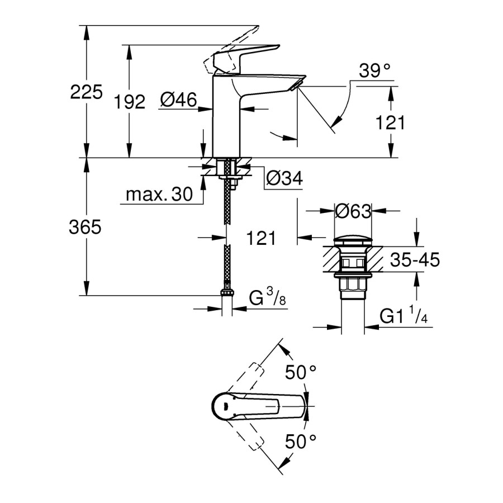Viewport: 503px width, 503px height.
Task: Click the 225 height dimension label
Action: [87, 92]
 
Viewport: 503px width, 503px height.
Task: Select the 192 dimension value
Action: [130, 102]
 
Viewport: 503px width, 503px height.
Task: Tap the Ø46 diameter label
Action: [178, 100]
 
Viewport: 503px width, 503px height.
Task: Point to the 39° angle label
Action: [374, 71]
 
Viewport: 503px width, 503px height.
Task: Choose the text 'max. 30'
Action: [159, 194]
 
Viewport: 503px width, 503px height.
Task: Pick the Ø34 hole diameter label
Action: [284, 178]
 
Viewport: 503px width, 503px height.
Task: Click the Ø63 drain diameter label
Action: [353, 211]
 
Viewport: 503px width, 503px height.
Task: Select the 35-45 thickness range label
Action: [414, 260]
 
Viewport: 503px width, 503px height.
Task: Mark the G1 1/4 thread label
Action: [404, 316]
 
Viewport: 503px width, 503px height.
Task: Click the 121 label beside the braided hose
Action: [261, 238]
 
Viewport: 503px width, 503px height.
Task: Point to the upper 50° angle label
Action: [301, 372]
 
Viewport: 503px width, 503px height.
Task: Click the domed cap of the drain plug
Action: [353, 241]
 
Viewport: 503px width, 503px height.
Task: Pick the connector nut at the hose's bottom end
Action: [227, 293]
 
